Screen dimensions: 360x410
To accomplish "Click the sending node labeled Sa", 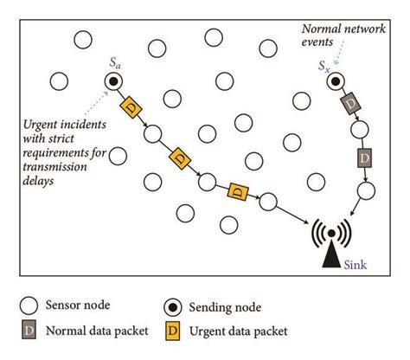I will (x=114, y=82).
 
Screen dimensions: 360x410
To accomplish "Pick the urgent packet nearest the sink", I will (x=235, y=190).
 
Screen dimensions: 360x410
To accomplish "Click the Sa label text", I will (x=114, y=63).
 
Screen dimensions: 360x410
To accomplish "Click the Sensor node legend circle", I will (x=29, y=306).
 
